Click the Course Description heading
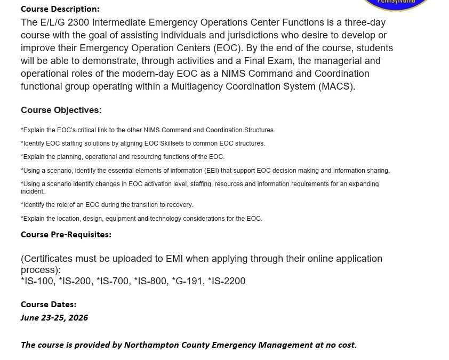(x=60, y=9)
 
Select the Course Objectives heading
(x=61, y=110)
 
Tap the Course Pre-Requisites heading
(x=66, y=235)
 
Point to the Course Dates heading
(x=49, y=305)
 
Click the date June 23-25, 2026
(x=54, y=318)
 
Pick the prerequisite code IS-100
(x=38, y=281)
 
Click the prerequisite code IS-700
(x=113, y=281)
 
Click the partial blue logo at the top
(x=396, y=5)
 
